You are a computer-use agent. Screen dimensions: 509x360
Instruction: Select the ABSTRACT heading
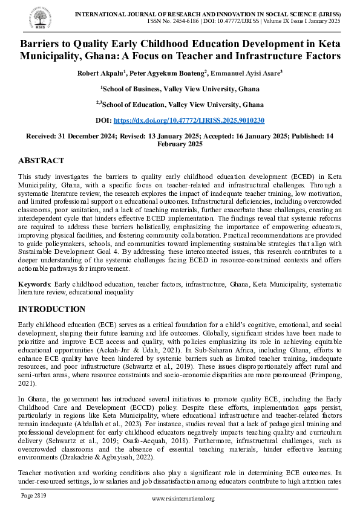point(41,161)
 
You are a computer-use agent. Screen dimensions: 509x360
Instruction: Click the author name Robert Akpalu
point(98,73)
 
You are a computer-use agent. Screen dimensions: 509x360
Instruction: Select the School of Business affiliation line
point(180,88)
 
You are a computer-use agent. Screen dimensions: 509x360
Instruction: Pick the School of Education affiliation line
point(180,104)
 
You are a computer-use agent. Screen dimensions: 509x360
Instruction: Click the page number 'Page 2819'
point(34,495)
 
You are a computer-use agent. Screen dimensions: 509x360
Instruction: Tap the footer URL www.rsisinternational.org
point(183,498)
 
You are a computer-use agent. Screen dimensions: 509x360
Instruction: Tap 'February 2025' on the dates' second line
point(180,144)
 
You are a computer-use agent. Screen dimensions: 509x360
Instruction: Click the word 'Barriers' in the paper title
point(44,44)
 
